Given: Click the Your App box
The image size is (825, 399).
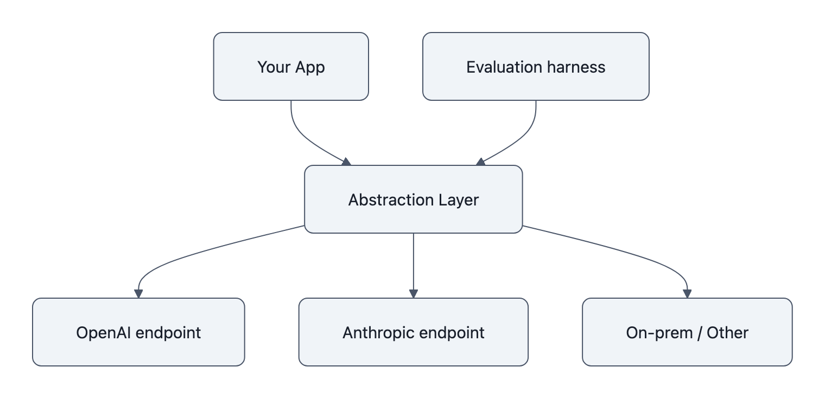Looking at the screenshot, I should (291, 66).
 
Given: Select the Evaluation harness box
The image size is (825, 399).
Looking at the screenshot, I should (536, 66).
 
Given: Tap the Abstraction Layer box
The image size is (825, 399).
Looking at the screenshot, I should (413, 199).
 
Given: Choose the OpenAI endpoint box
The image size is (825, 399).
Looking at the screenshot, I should (138, 332).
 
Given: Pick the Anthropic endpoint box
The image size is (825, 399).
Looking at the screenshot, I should (413, 332).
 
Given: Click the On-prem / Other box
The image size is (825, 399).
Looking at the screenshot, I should (687, 332).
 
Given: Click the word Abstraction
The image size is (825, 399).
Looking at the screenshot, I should (384, 200).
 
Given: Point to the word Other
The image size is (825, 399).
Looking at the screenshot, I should (727, 332).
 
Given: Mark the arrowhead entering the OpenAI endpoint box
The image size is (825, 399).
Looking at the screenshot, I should (138, 293).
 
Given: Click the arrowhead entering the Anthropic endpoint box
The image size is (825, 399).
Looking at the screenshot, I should (413, 293).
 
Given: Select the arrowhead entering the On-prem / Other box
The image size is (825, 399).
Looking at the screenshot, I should (687, 293).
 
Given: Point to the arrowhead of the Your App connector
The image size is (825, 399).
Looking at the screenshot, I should (346, 162).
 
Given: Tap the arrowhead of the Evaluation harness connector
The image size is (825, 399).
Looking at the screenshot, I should (480, 162).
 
